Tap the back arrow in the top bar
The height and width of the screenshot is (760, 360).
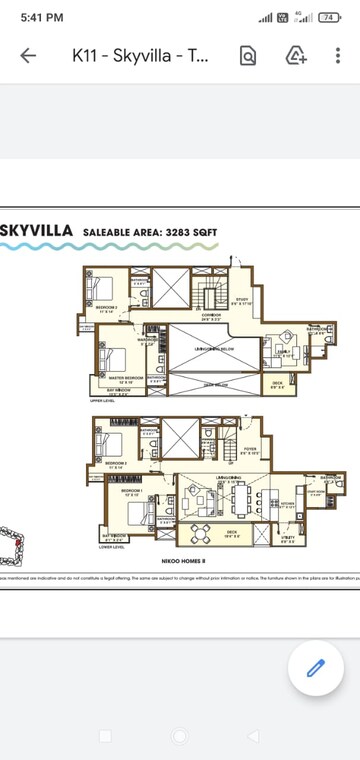[x=28, y=56]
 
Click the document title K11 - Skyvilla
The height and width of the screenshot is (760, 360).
[x=141, y=56]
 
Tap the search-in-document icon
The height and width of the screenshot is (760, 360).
[x=247, y=56]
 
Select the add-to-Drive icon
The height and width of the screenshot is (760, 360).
[x=296, y=56]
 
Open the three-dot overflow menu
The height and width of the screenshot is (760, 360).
[x=340, y=56]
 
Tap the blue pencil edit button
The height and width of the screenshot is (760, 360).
[x=316, y=667]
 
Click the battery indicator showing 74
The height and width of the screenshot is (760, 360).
[x=329, y=18]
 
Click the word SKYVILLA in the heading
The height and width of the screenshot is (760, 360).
[x=36, y=231]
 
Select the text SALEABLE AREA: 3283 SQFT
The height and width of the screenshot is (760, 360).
[x=150, y=232]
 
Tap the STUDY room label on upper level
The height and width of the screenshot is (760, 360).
[x=241, y=299]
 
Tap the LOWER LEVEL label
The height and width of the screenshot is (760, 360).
[x=112, y=547]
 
